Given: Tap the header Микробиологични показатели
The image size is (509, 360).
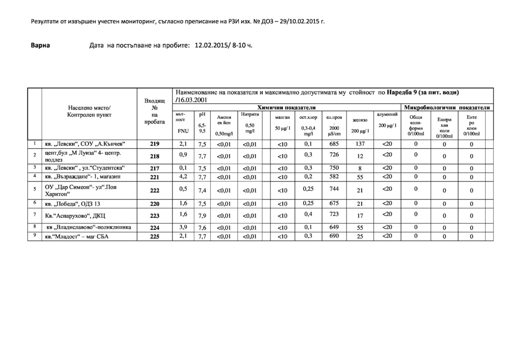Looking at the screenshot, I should point(447,107).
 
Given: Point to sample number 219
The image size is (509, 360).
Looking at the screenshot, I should point(155,144).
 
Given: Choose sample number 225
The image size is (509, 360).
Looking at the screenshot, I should point(155,237).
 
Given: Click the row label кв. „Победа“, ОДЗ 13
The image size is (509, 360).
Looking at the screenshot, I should point(73,204).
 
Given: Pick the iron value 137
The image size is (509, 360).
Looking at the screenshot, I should point(360,144).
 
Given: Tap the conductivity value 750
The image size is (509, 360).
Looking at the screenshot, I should point(334,168).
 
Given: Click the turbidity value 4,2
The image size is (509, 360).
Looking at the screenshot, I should point(183,176).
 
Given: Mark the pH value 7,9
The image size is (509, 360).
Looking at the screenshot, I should point(202,215).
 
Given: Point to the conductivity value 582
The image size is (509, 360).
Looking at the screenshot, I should point(334,177).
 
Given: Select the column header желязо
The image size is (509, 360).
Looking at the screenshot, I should point(360,120).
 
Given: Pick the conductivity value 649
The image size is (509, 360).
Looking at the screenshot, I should point(334,227).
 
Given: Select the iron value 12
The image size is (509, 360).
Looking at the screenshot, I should point(360,156).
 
